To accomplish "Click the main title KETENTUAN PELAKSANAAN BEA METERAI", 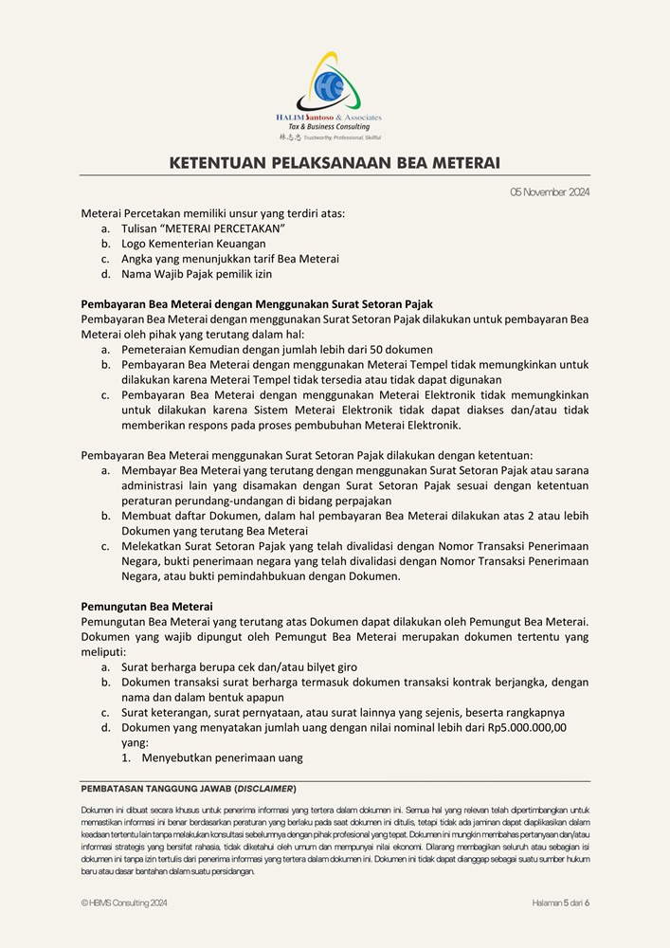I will click(x=335, y=163).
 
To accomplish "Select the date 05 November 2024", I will click(x=550, y=192).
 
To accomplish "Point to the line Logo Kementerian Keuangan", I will click(x=193, y=244).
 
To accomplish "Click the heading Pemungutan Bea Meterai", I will click(x=147, y=606).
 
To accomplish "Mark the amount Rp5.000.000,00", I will click(x=522, y=727).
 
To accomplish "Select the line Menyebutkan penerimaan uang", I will click(x=222, y=757).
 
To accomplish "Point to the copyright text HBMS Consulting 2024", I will click(x=128, y=903).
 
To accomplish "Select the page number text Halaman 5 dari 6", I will click(x=561, y=903).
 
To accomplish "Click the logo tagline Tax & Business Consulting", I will click(x=329, y=127).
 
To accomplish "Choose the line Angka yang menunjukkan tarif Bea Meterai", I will click(x=229, y=259).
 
